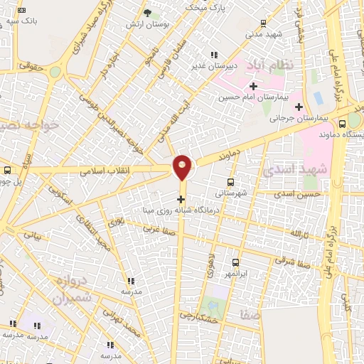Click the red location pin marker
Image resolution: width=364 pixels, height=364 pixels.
point(182,167)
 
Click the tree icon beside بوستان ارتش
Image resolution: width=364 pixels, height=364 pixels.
point(147,14)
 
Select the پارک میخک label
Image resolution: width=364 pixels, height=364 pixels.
point(200,6)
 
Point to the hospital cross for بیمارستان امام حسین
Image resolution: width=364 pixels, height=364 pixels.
point(253,86)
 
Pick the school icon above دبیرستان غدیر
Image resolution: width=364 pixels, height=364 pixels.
point(213,54)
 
